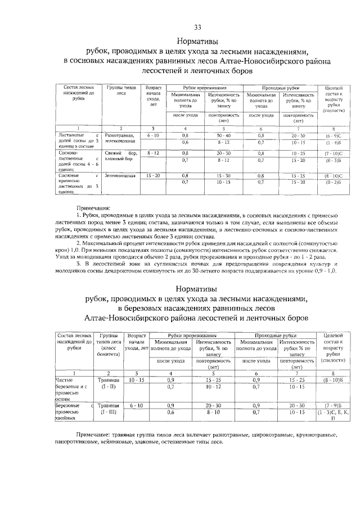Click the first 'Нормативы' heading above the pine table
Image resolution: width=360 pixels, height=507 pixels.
pos(197,42)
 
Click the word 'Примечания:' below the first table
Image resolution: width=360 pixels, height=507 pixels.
pos(94,207)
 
